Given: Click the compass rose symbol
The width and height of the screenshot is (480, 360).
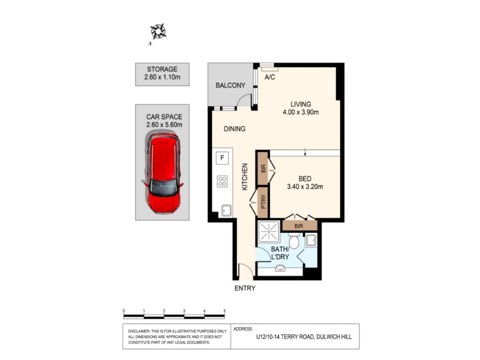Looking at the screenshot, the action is (158, 31).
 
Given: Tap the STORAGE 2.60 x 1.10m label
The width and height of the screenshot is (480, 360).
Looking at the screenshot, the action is (162, 73).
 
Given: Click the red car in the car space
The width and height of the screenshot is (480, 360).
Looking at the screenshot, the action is (163, 173).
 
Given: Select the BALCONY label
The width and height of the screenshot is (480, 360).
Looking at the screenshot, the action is (230, 85).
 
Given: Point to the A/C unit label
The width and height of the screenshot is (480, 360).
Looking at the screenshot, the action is (269, 77).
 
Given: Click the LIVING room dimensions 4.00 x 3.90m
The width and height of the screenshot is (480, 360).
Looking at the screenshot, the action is (301, 112).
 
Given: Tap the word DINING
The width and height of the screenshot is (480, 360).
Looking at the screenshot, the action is (235, 129).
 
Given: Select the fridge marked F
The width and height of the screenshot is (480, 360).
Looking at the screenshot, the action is (222, 158).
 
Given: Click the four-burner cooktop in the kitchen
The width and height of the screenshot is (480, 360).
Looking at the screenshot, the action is (222, 181).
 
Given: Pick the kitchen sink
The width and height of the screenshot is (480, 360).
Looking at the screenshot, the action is (226, 211).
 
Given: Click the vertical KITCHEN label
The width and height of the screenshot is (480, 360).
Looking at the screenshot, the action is (245, 177).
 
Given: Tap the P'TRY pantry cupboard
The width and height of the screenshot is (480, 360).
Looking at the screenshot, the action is (263, 202).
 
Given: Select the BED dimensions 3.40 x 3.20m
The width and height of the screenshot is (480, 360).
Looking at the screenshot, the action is (305, 187).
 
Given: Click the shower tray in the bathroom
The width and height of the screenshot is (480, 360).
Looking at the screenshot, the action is (269, 232).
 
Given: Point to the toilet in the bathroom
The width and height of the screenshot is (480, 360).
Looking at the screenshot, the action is (294, 241).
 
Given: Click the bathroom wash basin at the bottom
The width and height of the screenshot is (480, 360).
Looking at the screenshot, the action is (280, 268).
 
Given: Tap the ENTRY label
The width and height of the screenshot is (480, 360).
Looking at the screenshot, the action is (245, 288).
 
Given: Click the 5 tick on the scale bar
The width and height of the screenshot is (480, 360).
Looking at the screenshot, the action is (224, 311).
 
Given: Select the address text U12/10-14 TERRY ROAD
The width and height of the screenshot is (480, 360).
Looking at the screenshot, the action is (284, 337).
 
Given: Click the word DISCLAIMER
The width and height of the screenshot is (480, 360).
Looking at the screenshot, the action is (139, 331).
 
